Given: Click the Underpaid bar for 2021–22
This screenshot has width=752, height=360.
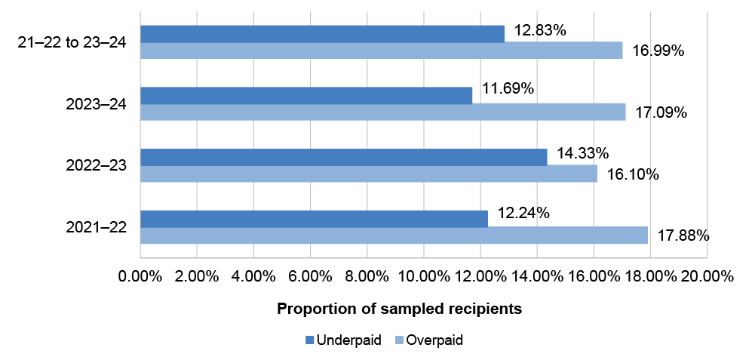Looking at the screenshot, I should click(314, 218).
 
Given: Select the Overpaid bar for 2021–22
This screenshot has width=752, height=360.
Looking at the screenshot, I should click(394, 235).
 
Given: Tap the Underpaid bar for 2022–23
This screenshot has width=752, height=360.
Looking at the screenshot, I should click(343, 157).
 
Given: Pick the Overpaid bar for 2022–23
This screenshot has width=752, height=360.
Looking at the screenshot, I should click(368, 174).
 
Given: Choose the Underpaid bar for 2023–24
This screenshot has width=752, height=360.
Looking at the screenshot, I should click(306, 95).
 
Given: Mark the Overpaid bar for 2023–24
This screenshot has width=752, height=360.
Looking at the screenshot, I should click(382, 112).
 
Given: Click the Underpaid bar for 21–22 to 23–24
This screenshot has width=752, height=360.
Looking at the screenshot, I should click(322, 33).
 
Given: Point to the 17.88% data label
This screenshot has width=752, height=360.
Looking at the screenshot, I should click(683, 235).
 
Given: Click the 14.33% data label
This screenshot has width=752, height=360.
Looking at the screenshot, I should click(582, 152).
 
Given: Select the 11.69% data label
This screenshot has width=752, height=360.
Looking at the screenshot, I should click(508, 89).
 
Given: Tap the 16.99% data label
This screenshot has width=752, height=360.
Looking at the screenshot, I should click(658, 51).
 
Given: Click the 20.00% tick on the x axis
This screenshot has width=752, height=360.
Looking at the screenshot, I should click(705, 276).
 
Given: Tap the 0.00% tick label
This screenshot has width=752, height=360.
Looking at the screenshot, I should click(140, 276).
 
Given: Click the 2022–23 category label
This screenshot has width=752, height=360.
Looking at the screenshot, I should click(96, 165).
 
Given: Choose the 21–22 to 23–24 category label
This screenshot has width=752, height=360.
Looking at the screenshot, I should click(72, 42).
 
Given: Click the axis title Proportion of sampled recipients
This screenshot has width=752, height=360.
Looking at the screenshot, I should click(400, 309).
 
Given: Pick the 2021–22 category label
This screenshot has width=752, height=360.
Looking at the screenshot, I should click(96, 227).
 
